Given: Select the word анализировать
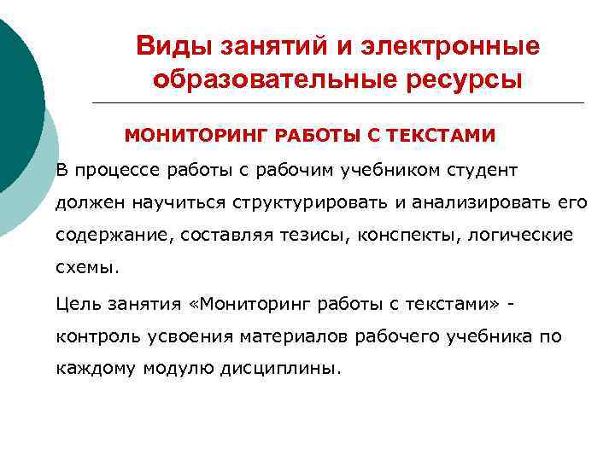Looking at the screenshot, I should pos(482,202).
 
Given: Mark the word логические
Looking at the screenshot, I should pos(522,235).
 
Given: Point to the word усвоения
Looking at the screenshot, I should pos(184,337).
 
